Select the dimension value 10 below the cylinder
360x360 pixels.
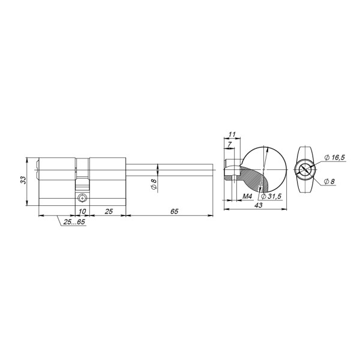click(x=82, y=212)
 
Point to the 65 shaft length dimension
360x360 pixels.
click(x=174, y=212)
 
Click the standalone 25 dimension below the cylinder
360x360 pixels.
click(x=109, y=212)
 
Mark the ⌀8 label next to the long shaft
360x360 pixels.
click(x=154, y=185)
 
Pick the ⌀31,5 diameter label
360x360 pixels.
click(x=270, y=196)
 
